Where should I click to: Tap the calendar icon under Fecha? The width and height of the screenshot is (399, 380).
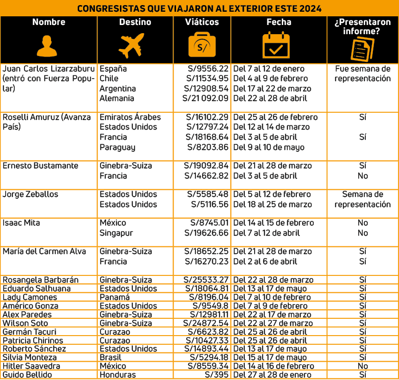click(x=276, y=45)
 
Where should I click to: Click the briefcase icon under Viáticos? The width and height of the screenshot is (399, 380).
click(x=202, y=45)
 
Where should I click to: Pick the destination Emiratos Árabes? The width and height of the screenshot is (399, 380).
click(x=130, y=117)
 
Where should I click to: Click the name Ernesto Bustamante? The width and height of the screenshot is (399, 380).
click(x=41, y=166)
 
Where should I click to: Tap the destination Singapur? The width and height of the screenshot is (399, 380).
click(x=116, y=233)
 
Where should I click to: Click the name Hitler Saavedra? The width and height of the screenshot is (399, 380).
click(x=32, y=366)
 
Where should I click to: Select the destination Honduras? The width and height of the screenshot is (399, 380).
click(x=118, y=375)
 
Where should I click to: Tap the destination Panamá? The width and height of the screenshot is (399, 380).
click(x=115, y=297)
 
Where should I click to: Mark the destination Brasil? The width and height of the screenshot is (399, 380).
click(x=111, y=358)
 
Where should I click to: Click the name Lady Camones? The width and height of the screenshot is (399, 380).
click(x=30, y=297)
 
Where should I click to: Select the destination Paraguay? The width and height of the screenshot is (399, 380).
click(x=117, y=147)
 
